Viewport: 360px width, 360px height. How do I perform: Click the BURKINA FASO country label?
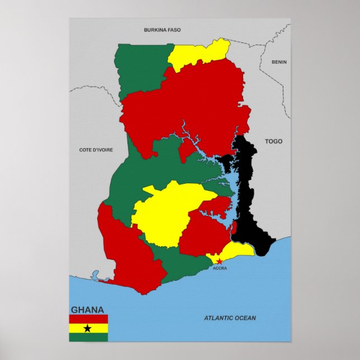pyautogui.click(x=162, y=30)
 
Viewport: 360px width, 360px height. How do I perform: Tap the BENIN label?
pyautogui.click(x=279, y=62)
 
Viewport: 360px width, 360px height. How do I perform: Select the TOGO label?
pyautogui.click(x=273, y=141)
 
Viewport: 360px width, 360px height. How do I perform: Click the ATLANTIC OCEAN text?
pyautogui.click(x=230, y=318)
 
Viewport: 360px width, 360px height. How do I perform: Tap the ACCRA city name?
pyautogui.click(x=220, y=268)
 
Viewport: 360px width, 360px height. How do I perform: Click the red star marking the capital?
pyautogui.click(x=219, y=261)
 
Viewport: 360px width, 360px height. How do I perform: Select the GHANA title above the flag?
pyautogui.click(x=87, y=310)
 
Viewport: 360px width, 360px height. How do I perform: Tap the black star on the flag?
pyautogui.click(x=88, y=328)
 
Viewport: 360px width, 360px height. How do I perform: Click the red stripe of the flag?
pyautogui.click(x=88, y=319)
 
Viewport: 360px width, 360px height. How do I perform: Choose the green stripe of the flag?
pyautogui.click(x=88, y=337)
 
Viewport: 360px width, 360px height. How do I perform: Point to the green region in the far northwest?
pyautogui.click(x=143, y=70)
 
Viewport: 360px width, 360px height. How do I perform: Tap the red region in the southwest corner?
pyautogui.click(x=126, y=252)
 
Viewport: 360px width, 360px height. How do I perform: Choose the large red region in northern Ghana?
pyautogui.click(x=184, y=106)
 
